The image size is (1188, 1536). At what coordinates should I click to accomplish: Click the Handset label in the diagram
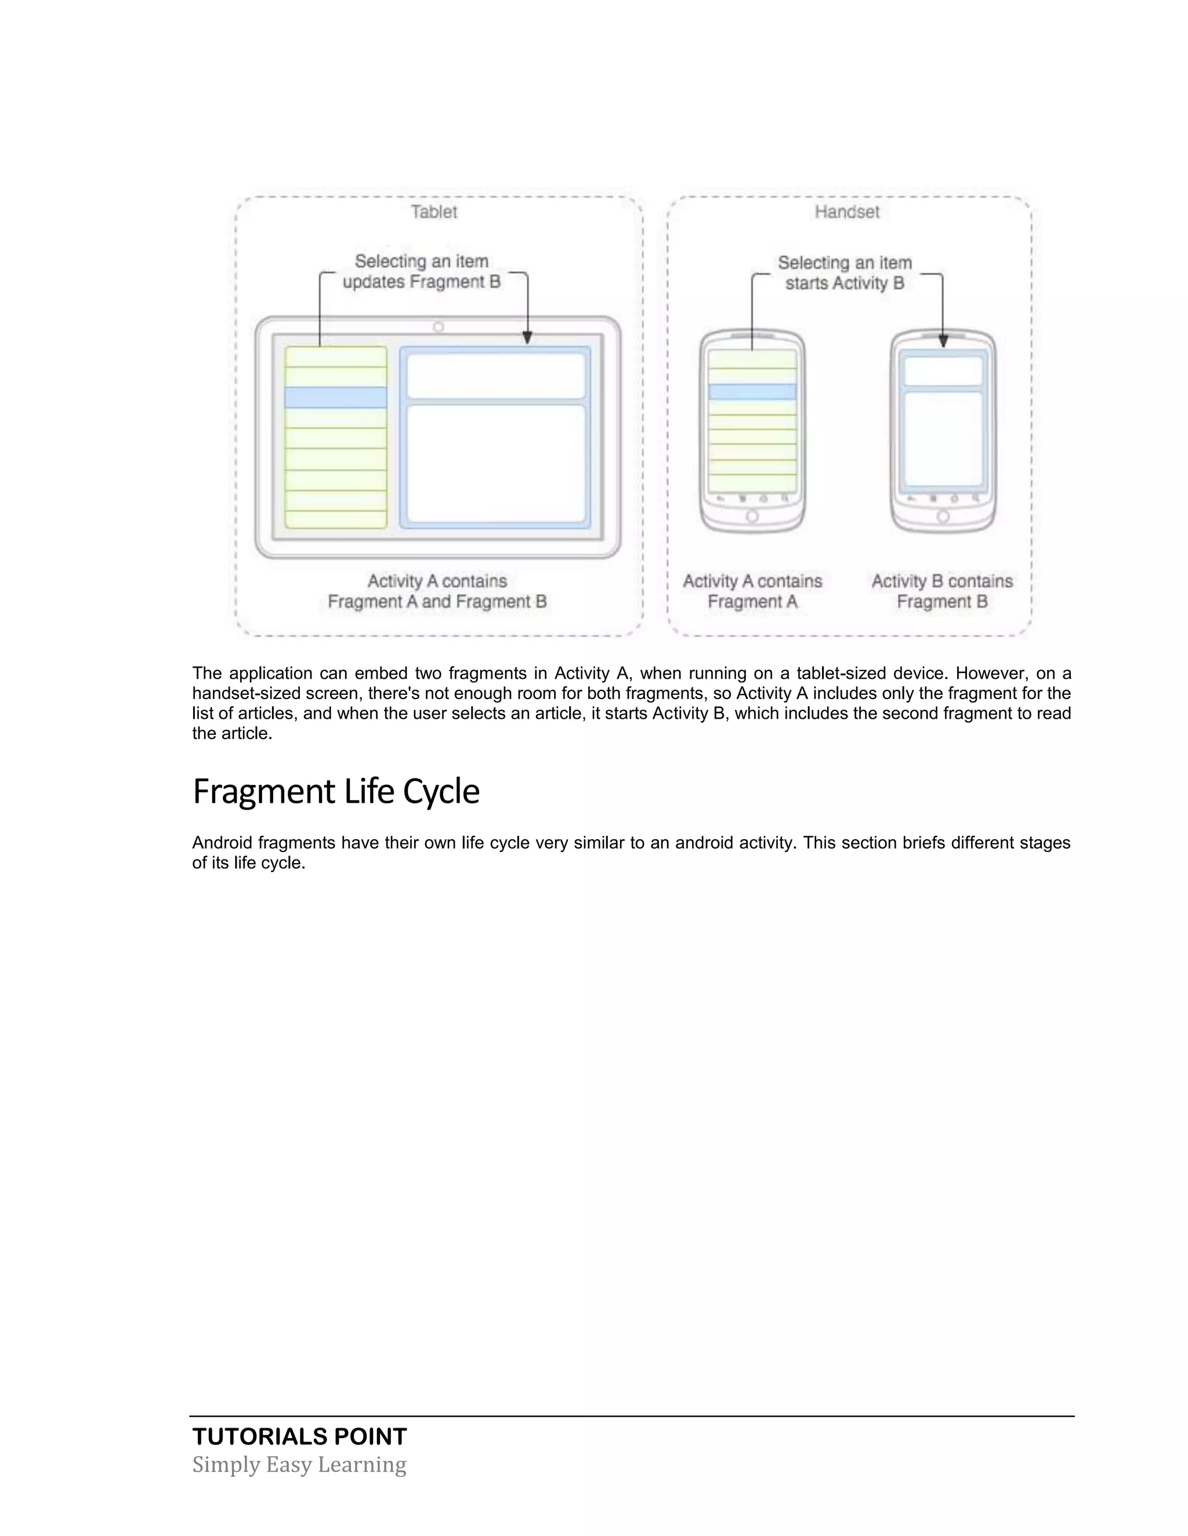click(x=847, y=212)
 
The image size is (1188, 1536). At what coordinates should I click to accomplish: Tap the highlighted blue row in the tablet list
click(x=336, y=398)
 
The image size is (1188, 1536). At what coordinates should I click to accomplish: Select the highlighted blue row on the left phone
click(x=752, y=392)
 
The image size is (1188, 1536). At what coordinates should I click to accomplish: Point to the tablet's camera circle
click(x=439, y=327)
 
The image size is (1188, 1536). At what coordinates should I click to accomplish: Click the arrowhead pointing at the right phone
click(x=943, y=341)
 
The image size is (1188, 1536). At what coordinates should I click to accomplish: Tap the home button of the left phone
click(x=752, y=517)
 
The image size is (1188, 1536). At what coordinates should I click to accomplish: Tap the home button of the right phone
click(x=943, y=517)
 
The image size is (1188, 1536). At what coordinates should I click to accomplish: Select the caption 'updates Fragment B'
click(x=422, y=282)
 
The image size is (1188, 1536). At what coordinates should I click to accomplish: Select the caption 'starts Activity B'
click(x=845, y=283)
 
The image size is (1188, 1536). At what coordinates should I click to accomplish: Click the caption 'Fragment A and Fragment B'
click(x=437, y=602)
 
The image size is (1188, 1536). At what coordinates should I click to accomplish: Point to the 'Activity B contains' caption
click(x=941, y=581)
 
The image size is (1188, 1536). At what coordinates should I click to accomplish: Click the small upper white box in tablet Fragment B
click(x=496, y=376)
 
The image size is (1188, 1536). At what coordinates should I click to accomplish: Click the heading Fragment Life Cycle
click(x=336, y=791)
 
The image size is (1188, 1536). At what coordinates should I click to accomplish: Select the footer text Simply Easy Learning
click(x=299, y=1464)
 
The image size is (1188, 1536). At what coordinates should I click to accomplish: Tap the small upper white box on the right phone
click(x=943, y=370)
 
